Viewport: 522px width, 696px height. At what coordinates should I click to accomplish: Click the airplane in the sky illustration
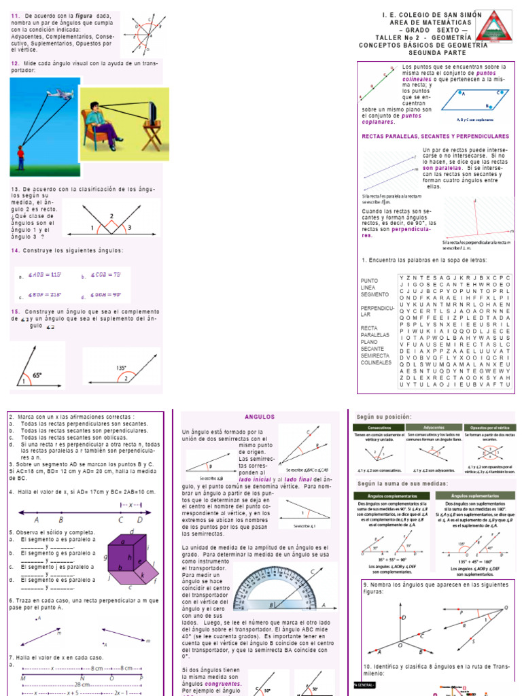coord(63,94)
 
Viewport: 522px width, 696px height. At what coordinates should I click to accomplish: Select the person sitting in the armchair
coord(99,124)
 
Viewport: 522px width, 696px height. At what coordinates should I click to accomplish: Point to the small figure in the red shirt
coord(20,157)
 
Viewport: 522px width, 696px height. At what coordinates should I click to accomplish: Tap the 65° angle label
coord(38,375)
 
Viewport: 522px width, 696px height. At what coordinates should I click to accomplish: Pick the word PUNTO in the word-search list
coord(369,280)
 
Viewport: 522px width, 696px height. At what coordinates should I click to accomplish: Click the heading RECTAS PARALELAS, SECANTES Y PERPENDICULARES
coord(435,136)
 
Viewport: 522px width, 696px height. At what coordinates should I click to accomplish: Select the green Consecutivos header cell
coord(373,428)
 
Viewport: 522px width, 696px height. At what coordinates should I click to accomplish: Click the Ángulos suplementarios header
coord(469,495)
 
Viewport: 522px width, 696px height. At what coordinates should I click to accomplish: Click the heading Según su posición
coord(384,416)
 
